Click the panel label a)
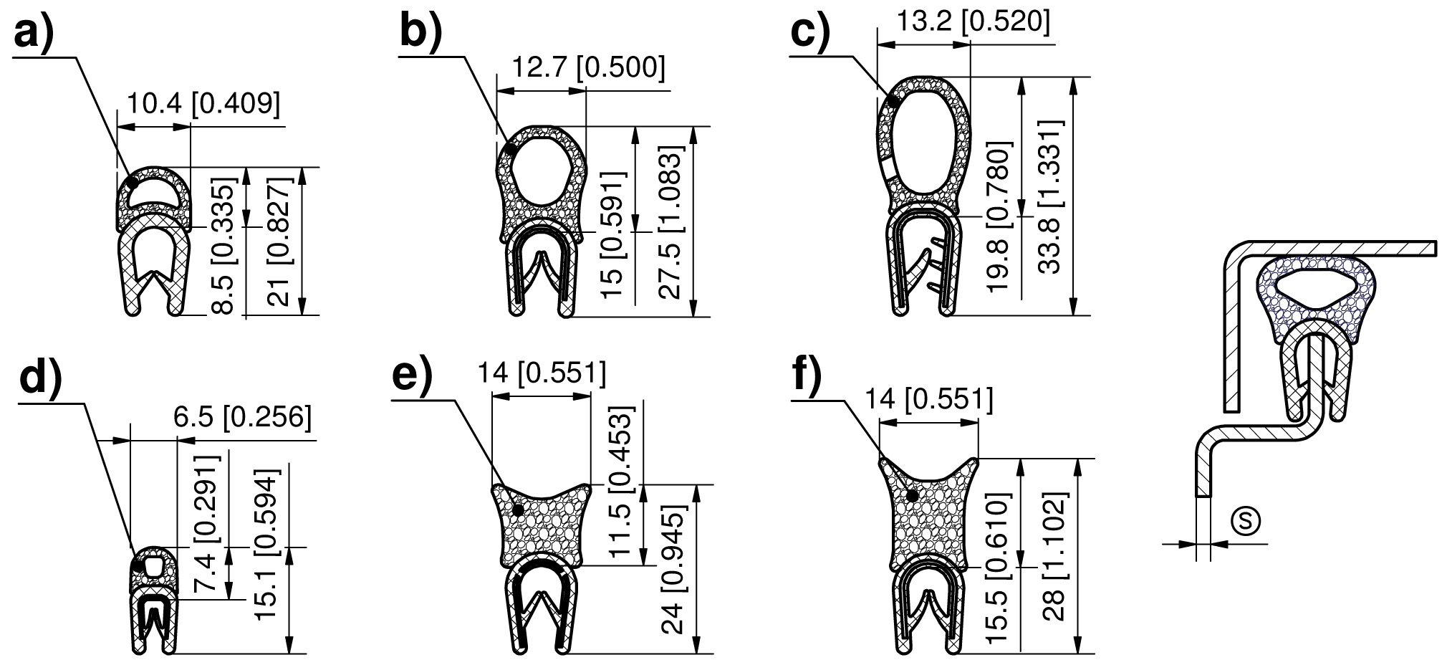pos(34,33)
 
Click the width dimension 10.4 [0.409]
pos(203,105)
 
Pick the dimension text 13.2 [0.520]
pos(974,21)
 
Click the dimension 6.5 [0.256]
pos(243,418)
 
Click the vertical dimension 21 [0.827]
pos(278,241)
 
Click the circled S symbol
pos(1245,521)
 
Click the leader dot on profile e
pos(517,510)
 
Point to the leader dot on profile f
pos(912,495)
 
